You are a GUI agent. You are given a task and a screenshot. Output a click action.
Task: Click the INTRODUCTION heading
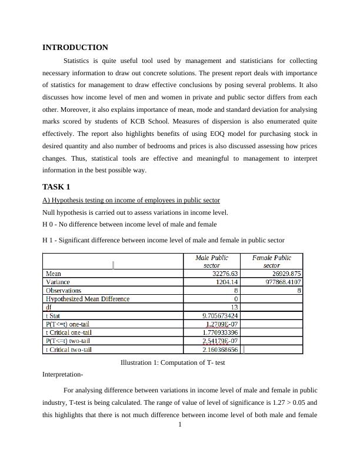click(x=75, y=48)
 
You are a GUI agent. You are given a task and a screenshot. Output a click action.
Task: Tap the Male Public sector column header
click(x=212, y=261)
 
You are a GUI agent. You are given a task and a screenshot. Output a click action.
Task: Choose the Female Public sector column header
click(x=272, y=261)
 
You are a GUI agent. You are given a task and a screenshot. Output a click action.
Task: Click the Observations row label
click(x=64, y=291)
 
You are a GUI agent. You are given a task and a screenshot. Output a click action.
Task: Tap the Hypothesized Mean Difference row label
click(x=88, y=299)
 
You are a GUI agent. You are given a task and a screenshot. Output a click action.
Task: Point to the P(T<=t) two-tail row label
click(x=68, y=341)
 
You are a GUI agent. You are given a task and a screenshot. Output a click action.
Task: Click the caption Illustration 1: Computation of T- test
click(x=172, y=363)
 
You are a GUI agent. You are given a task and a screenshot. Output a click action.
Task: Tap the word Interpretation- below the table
click(x=63, y=374)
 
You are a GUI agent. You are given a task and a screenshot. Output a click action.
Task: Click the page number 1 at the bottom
click(x=180, y=424)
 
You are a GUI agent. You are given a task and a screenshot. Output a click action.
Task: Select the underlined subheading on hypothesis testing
click(x=131, y=200)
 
